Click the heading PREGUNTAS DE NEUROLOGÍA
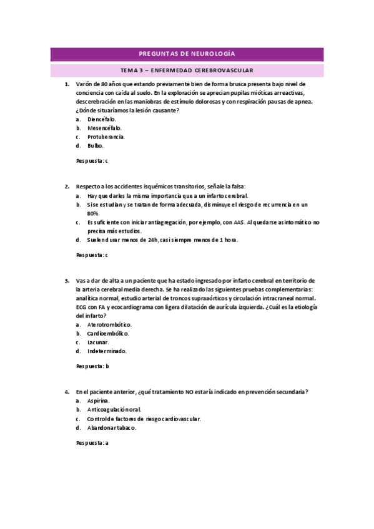(x=187, y=54)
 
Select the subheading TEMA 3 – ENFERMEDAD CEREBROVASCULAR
(x=187, y=70)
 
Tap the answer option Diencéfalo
(x=102, y=119)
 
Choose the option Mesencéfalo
(x=104, y=127)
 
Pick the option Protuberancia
(x=106, y=137)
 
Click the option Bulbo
(x=96, y=145)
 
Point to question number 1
(x=66, y=84)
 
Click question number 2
(x=66, y=186)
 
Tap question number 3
(x=66, y=281)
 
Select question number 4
(x=66, y=392)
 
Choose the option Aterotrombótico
(x=110, y=324)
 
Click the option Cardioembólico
(x=109, y=333)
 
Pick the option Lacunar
(x=99, y=342)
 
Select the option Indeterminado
(x=107, y=351)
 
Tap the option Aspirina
(x=99, y=400)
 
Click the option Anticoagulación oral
(x=114, y=410)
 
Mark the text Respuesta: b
(x=92, y=366)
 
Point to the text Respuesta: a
(x=92, y=443)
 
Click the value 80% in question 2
(x=94, y=213)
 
